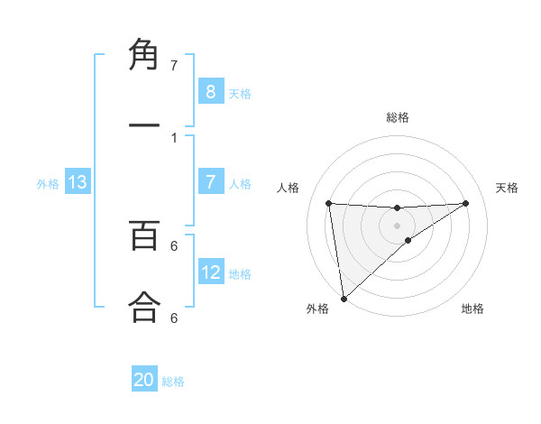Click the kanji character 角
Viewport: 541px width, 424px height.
[144, 56]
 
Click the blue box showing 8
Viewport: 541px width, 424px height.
[210, 91]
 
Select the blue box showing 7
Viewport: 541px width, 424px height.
[210, 182]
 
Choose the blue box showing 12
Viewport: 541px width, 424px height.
[210, 272]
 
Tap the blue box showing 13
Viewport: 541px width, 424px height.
[78, 182]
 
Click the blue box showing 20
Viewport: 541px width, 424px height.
[144, 380]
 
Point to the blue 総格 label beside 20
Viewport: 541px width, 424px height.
[173, 382]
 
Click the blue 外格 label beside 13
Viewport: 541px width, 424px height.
[48, 184]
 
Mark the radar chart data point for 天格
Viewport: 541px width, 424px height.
[465, 203]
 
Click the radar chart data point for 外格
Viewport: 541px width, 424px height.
[344, 299]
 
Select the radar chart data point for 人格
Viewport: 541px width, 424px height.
[329, 203]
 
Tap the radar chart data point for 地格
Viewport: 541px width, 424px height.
[408, 240]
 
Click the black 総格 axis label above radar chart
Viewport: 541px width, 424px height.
[398, 117]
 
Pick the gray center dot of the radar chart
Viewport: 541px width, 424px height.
[397, 225]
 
